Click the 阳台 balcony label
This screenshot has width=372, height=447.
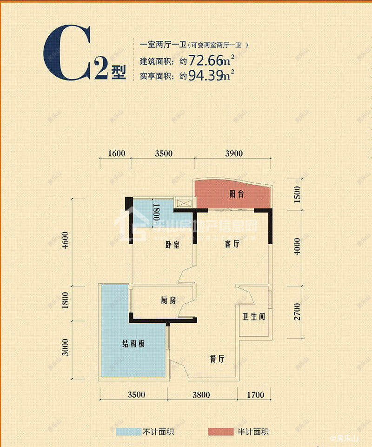coord(236,194)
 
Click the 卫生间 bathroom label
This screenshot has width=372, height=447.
coord(253,318)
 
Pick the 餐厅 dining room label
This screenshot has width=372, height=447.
coord(217,359)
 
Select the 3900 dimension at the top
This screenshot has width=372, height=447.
coord(233,154)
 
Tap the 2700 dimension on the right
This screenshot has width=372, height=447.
coord(298,311)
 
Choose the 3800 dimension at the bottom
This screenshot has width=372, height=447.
coord(200,395)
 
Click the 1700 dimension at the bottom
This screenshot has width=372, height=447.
coord(255,395)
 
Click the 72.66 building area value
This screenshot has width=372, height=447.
coord(205,61)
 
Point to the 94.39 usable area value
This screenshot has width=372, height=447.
coord(205,75)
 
